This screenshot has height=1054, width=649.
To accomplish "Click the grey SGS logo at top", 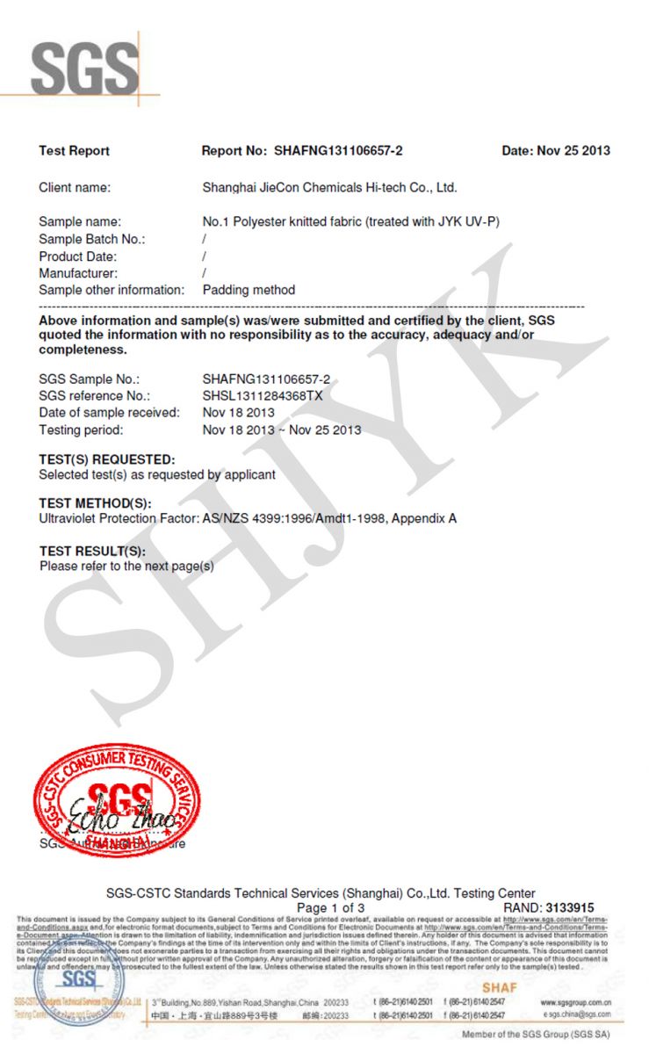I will pos(85,68).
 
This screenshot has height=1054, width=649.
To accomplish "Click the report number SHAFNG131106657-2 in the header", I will pos(338,151).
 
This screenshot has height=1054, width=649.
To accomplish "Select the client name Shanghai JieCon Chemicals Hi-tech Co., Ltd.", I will pos(329,188).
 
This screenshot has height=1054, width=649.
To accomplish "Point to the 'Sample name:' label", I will pos(80,222).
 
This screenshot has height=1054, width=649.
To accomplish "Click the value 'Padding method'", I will pos(249,290).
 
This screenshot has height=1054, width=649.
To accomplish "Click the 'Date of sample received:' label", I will pos(109,413).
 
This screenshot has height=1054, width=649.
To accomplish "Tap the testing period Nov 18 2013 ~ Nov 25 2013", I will pos(281,430).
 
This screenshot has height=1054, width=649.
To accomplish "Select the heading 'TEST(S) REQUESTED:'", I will pos(107,459).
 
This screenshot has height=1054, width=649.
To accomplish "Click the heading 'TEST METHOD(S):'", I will pos(95,503).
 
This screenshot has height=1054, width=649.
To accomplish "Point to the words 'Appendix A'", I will pos(424,518).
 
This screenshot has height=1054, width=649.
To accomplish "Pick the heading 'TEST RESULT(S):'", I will pos(92,551).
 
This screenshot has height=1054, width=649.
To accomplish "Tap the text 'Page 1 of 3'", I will pos(330,907).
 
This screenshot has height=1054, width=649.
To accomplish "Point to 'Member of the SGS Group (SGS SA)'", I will pos(535,1035).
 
